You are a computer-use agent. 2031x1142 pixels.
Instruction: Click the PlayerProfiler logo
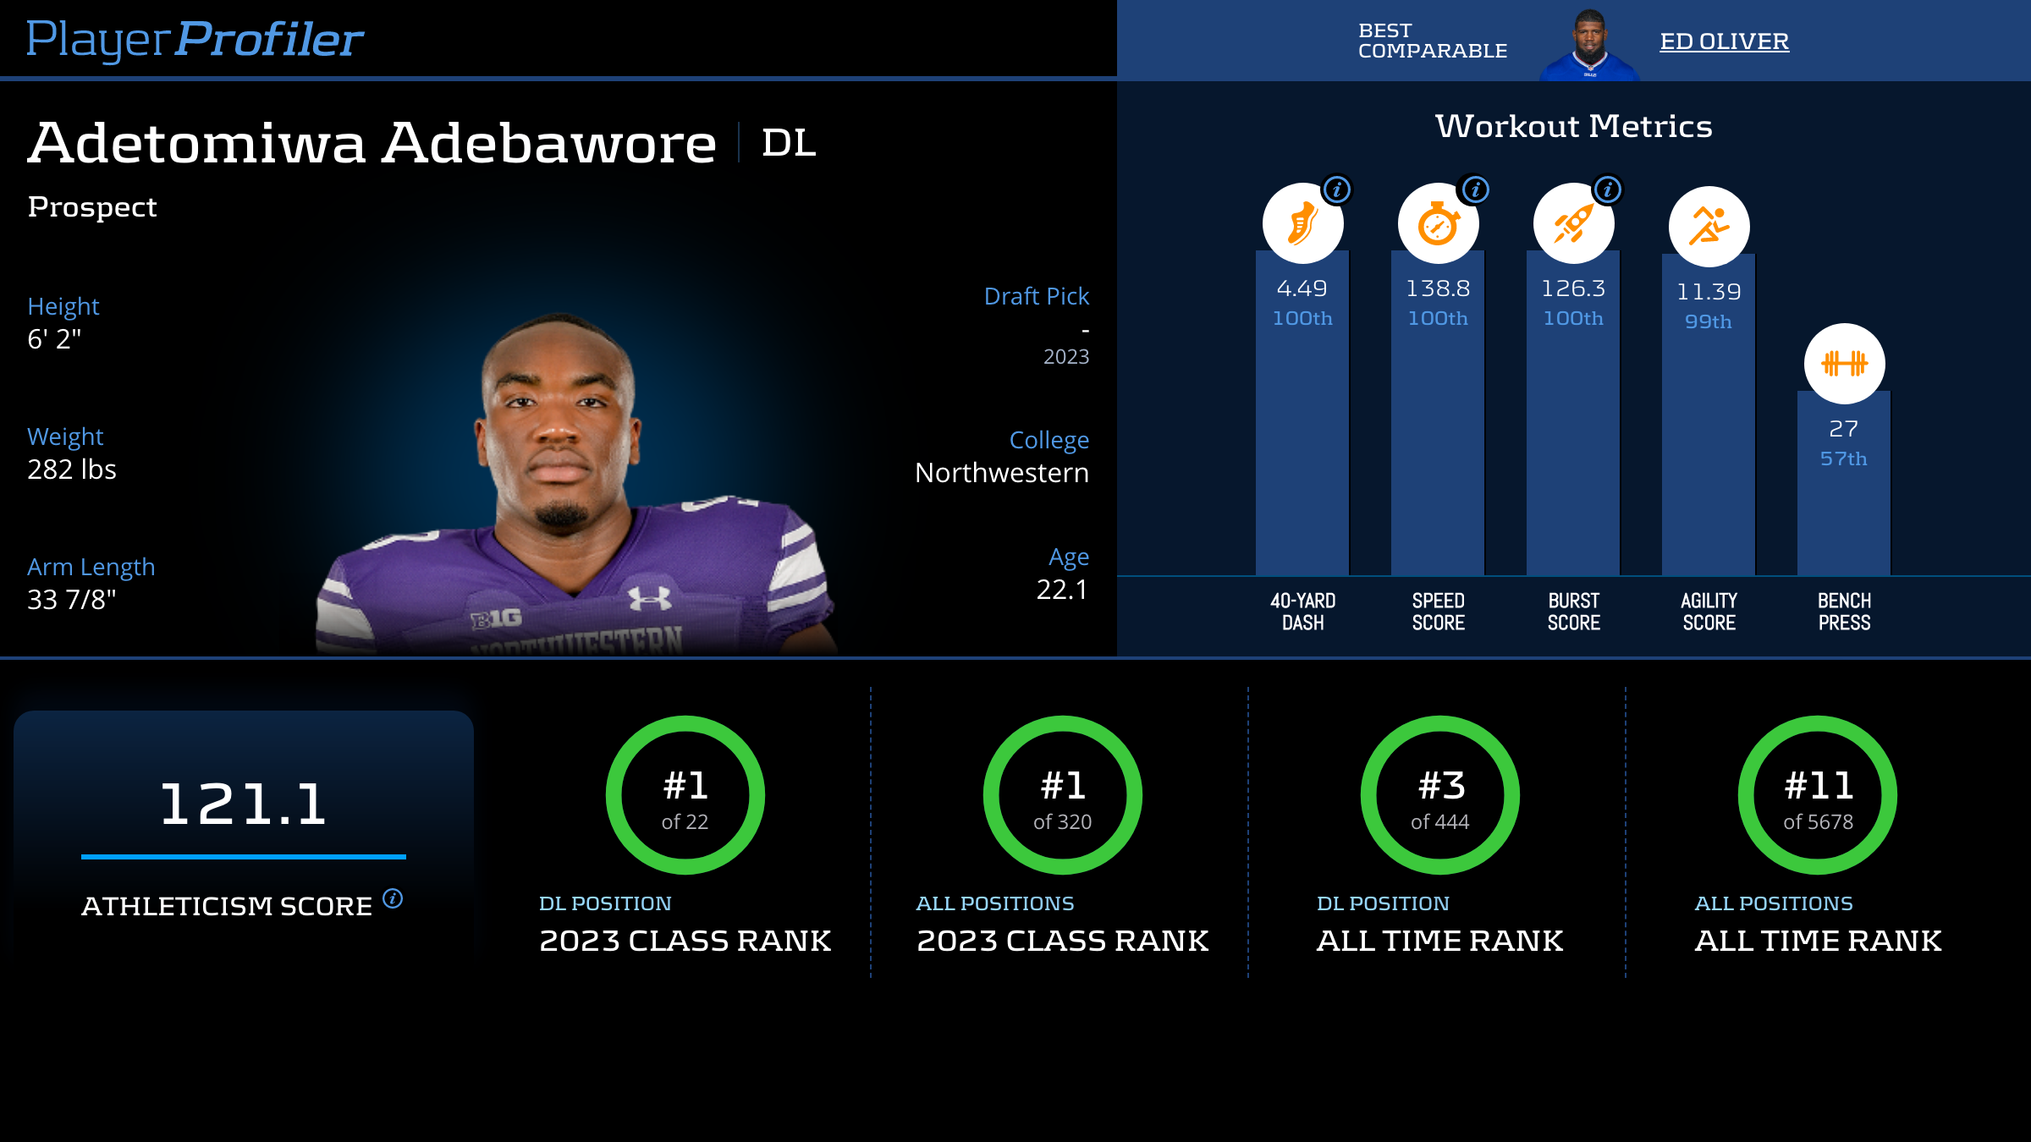click(195, 39)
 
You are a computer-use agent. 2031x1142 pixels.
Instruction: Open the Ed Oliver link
click(1724, 41)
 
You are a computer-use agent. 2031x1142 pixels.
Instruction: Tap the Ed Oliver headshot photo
click(1590, 44)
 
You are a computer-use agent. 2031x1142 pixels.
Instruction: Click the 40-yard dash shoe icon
click(1302, 224)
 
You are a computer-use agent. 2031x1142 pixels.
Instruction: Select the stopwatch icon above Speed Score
click(1438, 224)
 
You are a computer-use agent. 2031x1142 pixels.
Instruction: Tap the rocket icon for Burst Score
click(1573, 224)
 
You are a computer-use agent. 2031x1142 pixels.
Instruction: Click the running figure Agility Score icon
click(1709, 227)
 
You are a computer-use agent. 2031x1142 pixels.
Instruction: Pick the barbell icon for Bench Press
click(1844, 364)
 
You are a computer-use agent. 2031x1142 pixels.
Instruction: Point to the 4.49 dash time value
click(1302, 288)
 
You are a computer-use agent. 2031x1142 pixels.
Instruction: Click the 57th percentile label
click(1843, 458)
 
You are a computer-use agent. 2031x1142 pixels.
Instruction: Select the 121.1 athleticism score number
click(243, 804)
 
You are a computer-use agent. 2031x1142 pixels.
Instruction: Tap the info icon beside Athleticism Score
click(393, 898)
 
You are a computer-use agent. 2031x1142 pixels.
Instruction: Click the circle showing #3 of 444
click(1439, 795)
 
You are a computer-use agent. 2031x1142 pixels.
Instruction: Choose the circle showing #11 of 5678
click(1817, 795)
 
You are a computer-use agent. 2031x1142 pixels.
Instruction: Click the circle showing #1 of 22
click(685, 795)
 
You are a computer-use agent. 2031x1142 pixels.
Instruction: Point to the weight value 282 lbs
click(72, 469)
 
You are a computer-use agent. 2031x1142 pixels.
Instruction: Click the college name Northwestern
click(1001, 473)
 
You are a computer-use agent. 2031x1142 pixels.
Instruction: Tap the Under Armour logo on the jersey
click(650, 598)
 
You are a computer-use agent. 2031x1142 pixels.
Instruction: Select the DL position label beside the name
click(788, 143)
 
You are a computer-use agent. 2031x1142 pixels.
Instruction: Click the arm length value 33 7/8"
click(72, 600)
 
